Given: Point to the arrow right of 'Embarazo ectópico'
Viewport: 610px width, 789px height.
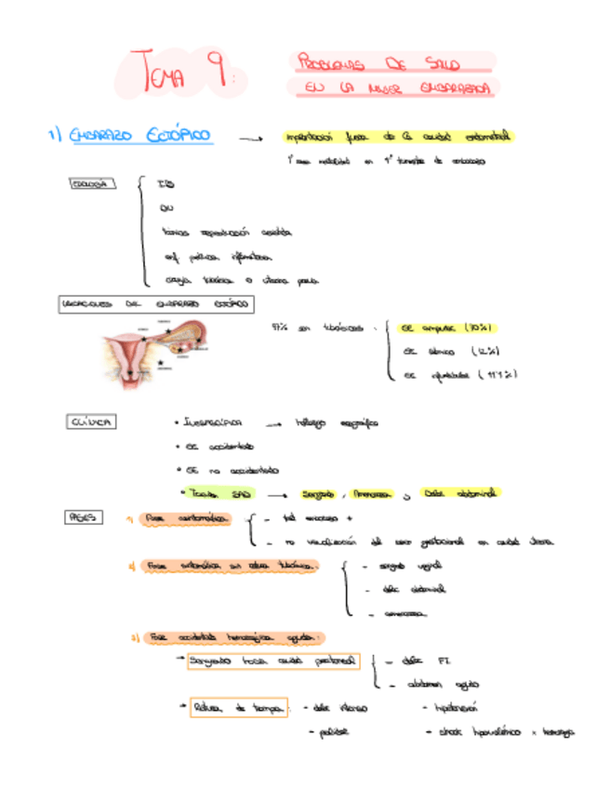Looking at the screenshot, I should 249,139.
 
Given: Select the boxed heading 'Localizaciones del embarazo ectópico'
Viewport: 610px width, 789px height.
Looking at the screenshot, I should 156,304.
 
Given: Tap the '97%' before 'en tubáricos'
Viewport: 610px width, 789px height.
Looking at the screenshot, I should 279,327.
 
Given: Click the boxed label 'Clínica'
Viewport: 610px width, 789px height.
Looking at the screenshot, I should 92,421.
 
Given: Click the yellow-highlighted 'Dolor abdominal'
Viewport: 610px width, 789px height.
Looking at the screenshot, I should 462,492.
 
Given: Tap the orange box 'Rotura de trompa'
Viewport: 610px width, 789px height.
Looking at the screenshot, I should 238,709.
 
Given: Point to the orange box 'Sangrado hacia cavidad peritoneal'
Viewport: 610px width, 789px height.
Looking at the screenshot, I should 271,662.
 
